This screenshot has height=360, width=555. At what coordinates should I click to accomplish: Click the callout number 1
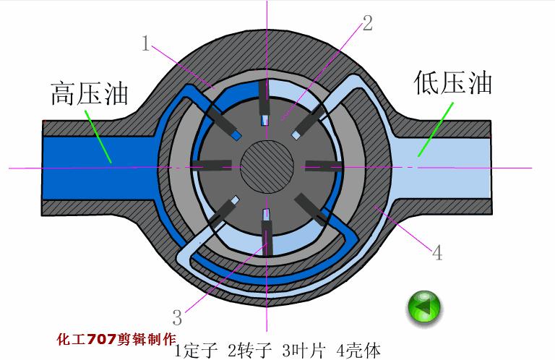click(145, 46)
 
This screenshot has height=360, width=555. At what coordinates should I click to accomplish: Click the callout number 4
click(436, 253)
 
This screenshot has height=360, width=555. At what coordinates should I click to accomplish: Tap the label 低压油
click(453, 82)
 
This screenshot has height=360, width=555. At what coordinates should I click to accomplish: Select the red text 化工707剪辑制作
click(116, 338)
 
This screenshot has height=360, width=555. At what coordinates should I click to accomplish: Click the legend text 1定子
click(196, 351)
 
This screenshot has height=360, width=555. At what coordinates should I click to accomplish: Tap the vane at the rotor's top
click(264, 105)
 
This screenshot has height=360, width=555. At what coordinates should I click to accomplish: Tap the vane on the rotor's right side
click(322, 166)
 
